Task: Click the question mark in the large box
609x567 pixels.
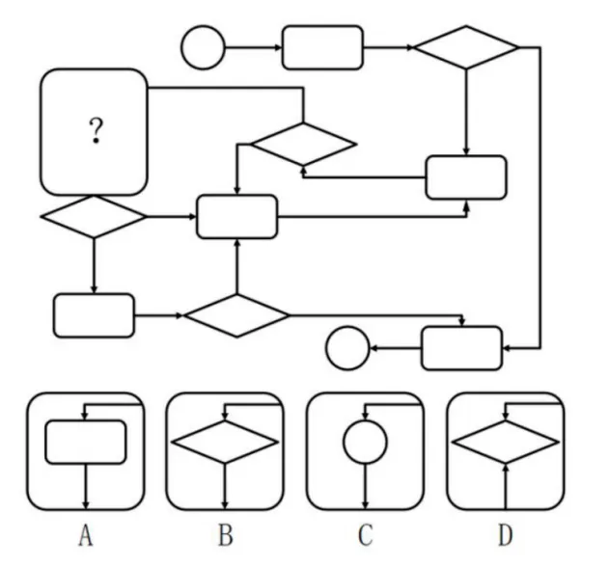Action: [96, 131]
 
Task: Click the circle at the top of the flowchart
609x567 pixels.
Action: [203, 47]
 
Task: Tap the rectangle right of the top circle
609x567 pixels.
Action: [322, 47]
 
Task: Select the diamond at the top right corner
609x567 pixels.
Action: [466, 47]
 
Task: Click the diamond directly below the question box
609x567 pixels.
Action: [94, 216]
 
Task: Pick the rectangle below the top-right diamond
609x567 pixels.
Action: [466, 177]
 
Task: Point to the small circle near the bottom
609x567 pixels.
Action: [347, 348]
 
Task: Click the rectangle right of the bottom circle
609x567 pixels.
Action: [461, 348]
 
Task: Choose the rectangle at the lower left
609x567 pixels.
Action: [94, 315]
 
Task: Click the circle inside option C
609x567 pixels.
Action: [365, 443]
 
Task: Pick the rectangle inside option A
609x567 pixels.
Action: [86, 442]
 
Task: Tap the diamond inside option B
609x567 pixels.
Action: [224, 443]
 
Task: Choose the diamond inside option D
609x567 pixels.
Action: [506, 443]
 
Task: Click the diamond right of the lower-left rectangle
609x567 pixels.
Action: [236, 315]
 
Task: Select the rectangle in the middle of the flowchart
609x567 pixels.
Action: [236, 216]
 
